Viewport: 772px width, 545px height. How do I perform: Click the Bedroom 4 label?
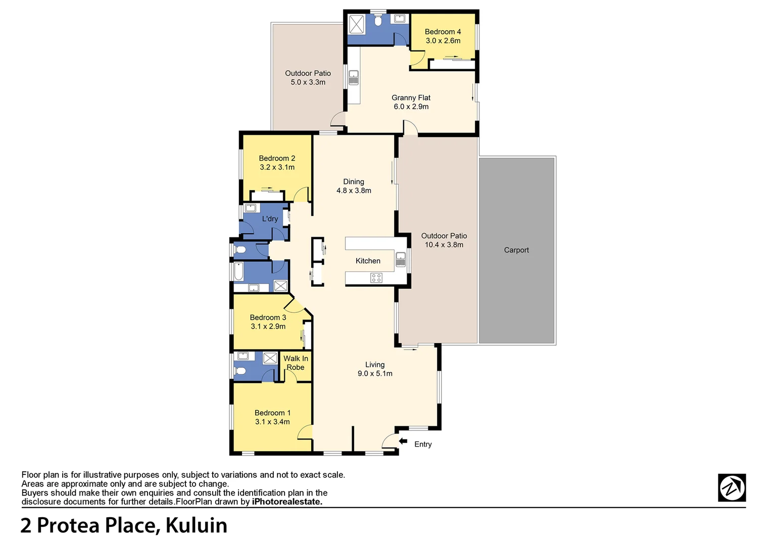coord(443,32)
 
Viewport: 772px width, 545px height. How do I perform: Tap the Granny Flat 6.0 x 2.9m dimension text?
coord(411,107)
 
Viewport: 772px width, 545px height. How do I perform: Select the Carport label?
coord(516,250)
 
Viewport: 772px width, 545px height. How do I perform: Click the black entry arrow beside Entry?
coord(403,442)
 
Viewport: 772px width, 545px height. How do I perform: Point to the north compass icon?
coord(732,487)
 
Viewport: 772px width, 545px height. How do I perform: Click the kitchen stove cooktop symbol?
coord(376,278)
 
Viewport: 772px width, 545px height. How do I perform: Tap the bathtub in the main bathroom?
coord(239,272)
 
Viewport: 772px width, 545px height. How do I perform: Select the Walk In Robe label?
coord(296,363)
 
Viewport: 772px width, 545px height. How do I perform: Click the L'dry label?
coord(270,219)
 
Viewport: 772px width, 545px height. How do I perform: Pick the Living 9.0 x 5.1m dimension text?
coord(375,374)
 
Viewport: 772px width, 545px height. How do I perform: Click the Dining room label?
coord(354,182)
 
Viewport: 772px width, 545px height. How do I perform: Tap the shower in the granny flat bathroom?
coord(357,24)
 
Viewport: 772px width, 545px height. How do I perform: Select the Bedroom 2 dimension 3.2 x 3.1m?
coord(277,168)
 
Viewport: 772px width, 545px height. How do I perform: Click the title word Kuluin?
coord(196,526)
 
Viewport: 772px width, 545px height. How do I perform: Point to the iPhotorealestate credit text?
coord(286,502)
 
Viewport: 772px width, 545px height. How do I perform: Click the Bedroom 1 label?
coord(272,413)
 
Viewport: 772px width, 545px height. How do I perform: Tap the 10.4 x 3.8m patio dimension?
coord(444,245)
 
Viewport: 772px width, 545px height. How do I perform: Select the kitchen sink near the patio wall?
coord(401,259)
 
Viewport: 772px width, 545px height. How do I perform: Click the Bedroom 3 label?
coord(268,317)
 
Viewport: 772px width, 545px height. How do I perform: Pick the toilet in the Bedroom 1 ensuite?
coord(241,371)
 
